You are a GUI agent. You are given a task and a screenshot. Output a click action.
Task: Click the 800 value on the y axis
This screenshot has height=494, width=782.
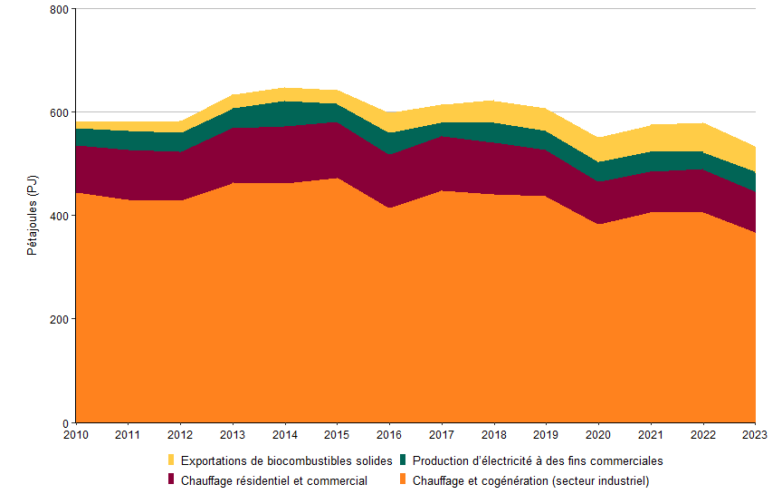coord(60,9)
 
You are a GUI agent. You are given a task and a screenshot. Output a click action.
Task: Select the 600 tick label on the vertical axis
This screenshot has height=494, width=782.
coord(60,112)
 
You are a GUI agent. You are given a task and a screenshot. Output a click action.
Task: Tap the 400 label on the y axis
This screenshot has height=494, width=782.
coord(60,216)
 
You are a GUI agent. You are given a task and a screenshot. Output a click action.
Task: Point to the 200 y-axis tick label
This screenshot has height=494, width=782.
coord(60,319)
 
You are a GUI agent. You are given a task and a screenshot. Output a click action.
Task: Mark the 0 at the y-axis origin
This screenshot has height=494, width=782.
coord(65,422)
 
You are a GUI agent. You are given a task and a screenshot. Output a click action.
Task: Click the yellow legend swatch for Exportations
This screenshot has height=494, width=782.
coord(172,460)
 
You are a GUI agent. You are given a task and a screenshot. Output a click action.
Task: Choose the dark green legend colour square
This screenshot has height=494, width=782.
coord(404,460)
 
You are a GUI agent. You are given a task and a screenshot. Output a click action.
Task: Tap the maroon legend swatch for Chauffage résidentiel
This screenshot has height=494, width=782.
coord(172,479)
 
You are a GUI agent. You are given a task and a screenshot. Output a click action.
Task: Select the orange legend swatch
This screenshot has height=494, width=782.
coord(404,479)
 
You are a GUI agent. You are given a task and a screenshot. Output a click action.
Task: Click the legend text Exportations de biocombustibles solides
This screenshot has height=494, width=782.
coord(286,460)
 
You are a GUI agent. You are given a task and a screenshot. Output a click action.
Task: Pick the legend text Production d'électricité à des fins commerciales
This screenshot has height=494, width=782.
coord(538,460)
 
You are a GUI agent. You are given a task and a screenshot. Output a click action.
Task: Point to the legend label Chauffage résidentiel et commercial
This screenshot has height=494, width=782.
coord(273,480)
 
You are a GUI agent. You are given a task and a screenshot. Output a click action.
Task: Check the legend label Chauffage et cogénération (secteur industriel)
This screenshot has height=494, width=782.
coord(530,480)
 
